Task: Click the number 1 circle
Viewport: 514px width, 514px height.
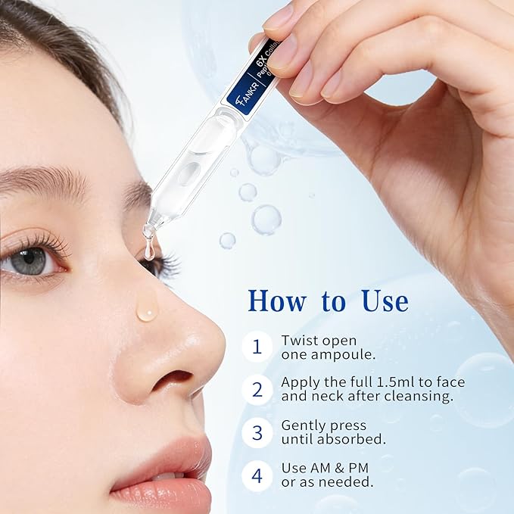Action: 257,347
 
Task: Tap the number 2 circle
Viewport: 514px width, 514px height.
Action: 257,389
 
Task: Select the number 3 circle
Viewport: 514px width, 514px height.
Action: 257,432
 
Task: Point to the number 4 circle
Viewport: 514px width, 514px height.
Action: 257,475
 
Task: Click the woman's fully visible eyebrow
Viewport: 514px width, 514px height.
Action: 45,182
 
